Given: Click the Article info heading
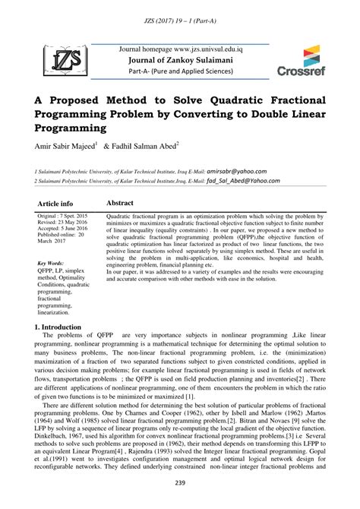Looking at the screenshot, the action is pyautogui.click(x=55, y=204).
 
